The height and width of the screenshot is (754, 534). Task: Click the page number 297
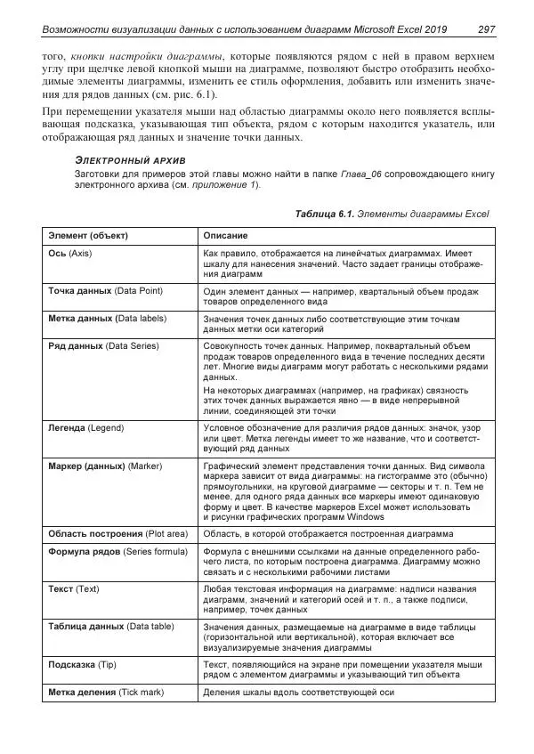coord(486,29)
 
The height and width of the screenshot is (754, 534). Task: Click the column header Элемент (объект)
coord(88,236)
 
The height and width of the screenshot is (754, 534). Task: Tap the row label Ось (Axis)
coord(70,254)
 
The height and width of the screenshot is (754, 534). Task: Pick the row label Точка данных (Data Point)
coord(105,291)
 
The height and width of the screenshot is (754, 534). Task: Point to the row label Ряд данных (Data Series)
coord(101,345)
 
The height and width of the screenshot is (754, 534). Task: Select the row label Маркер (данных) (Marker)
coord(104,466)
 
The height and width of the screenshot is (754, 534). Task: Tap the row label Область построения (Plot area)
coord(117,533)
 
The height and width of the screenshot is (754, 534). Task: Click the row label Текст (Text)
coord(74,589)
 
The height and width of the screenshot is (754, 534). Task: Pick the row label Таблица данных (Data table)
coord(110,627)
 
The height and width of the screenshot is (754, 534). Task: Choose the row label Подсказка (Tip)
coord(83,664)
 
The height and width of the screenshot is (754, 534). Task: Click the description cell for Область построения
coord(328,533)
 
